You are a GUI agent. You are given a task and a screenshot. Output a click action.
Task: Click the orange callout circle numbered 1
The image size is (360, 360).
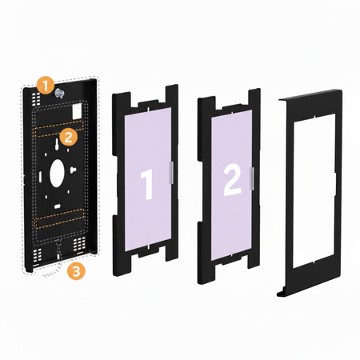47,82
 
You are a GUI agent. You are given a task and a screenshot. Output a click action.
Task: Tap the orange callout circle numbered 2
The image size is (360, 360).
70,137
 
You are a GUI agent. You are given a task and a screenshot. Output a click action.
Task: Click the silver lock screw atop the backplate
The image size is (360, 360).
61,95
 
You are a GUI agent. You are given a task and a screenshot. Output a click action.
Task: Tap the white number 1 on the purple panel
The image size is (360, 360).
146,183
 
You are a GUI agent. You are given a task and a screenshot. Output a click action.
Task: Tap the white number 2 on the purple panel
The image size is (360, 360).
231,182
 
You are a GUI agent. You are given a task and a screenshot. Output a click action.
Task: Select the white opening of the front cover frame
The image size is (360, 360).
312,182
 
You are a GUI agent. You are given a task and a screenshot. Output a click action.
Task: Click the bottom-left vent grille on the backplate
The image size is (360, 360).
37,255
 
